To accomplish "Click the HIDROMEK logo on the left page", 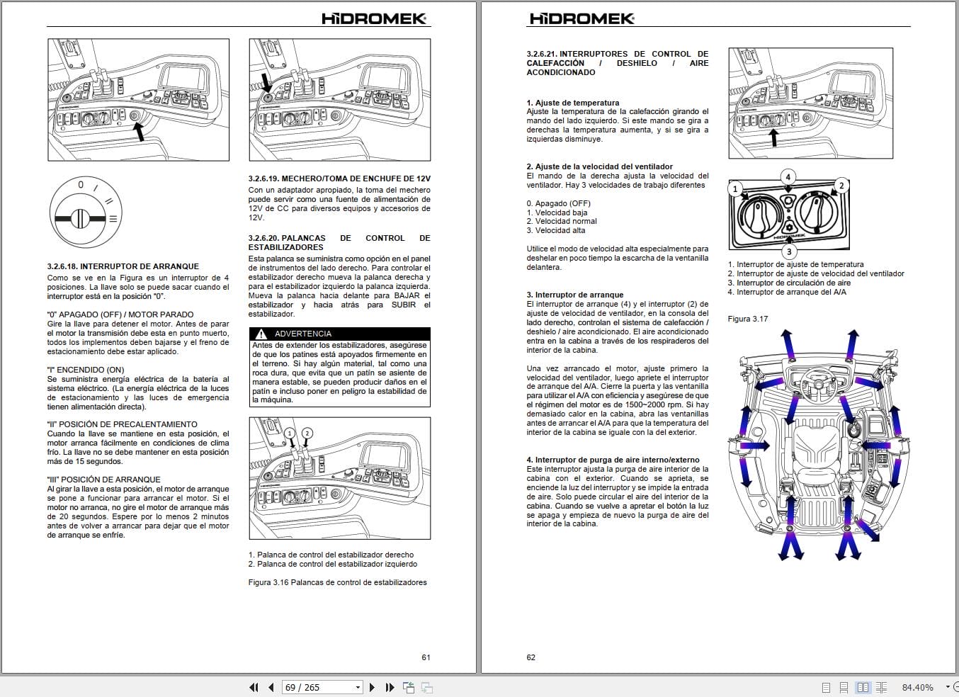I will tap(374, 18).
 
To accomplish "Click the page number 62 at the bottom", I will tap(530, 657).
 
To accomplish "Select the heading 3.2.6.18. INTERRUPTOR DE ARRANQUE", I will tap(123, 266).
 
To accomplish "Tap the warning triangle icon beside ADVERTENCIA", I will tap(261, 334).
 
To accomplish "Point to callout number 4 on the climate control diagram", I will tap(788, 177).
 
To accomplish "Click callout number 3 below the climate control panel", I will tap(789, 251).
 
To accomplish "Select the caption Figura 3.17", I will tap(747, 319).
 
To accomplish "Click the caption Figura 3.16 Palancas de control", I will tap(337, 582).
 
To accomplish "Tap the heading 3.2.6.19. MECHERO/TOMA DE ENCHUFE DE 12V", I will tap(339, 178).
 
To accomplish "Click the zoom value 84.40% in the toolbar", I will tap(917, 687).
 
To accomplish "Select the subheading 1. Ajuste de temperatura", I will tap(572, 103).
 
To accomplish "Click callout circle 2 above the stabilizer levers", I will tap(307, 433).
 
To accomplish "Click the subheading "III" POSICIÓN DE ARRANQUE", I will tap(103, 480).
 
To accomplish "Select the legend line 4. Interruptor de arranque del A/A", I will tap(791, 292).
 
